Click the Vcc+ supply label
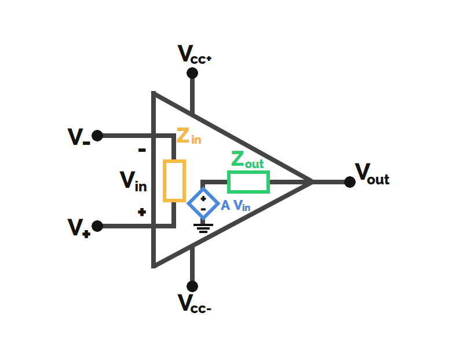tap(195, 54)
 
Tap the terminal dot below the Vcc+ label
tap(192, 73)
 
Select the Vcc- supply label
tap(195, 303)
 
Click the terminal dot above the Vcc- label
tap(192, 286)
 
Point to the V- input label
tap(79, 137)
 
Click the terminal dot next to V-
tap(97, 136)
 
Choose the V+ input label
tap(79, 228)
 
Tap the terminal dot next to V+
tap(97, 226)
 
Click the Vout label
tap(372, 174)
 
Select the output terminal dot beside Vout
tap(350, 182)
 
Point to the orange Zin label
tap(189, 136)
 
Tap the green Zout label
tap(247, 160)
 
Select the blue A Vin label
tap(236, 205)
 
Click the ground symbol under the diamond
tap(203, 228)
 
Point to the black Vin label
tap(133, 181)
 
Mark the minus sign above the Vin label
tap(142, 150)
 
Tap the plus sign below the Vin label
tap(142, 212)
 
